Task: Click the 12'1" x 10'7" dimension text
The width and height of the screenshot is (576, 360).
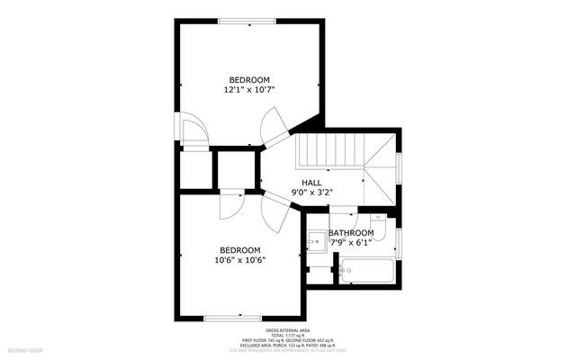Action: (x=248, y=90)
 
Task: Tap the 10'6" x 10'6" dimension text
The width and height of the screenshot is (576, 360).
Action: (x=239, y=261)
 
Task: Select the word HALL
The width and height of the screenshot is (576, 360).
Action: (x=310, y=183)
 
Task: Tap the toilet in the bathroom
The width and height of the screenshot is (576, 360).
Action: (x=379, y=219)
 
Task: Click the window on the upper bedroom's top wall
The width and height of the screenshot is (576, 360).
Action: (x=247, y=21)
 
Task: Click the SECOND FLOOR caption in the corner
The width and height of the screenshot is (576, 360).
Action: (x=26, y=349)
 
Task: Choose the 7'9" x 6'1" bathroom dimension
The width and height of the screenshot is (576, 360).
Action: (x=350, y=242)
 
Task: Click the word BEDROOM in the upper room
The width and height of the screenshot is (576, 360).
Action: (x=248, y=79)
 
